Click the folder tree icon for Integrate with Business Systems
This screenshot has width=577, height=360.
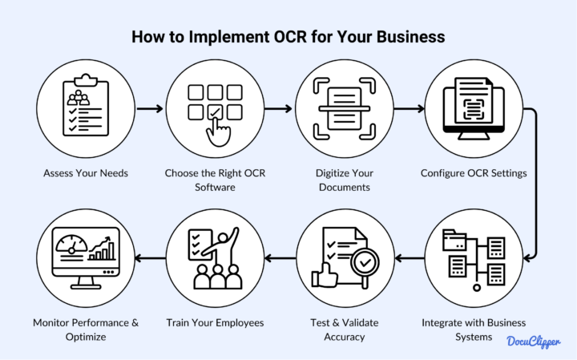(x=473, y=257)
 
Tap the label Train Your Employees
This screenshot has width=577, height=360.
(x=215, y=323)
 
